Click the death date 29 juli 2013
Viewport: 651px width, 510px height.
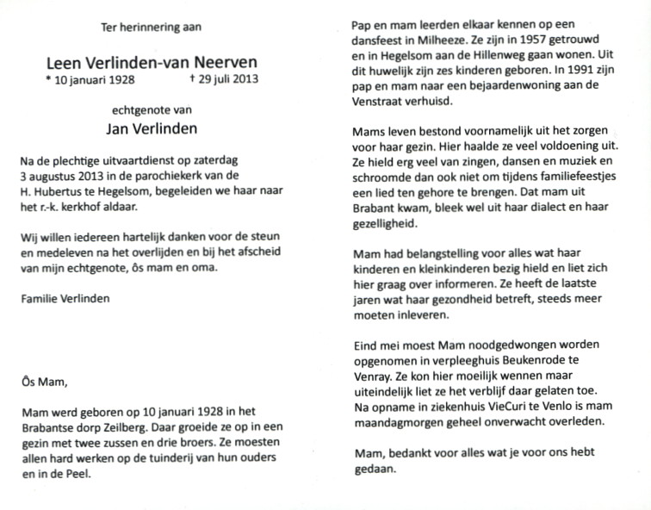pos(227,81)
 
